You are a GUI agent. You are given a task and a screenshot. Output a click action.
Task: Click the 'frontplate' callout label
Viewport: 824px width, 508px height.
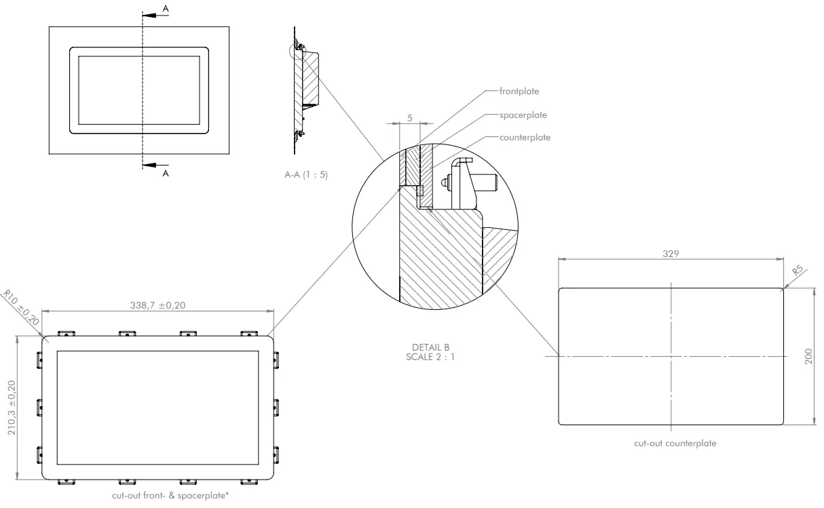(x=519, y=90)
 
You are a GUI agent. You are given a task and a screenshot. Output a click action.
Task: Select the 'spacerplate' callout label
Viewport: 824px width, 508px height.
(x=523, y=115)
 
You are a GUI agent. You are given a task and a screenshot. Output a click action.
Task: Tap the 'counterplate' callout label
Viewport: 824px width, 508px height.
(x=525, y=137)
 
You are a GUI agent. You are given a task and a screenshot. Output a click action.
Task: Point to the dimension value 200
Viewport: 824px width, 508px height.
(x=808, y=357)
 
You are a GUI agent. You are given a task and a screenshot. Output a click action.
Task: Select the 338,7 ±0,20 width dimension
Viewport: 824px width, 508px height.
(x=158, y=305)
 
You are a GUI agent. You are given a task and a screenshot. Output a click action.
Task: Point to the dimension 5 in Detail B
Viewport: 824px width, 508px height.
(x=409, y=117)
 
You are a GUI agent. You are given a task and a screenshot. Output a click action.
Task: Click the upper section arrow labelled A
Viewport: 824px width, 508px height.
(x=155, y=12)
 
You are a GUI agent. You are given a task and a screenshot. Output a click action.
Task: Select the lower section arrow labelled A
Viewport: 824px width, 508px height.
(x=155, y=164)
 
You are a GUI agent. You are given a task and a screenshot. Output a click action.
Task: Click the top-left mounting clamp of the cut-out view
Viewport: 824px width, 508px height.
(x=66, y=334)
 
